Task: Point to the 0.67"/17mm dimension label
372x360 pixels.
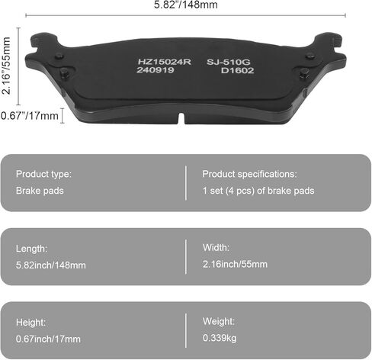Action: click(30, 115)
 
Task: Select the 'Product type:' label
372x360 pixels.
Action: click(43, 174)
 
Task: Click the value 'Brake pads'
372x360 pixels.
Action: click(39, 191)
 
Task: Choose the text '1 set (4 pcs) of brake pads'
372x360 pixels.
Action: click(258, 191)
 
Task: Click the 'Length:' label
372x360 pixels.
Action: click(31, 248)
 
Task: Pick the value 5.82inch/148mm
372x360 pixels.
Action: click(50, 265)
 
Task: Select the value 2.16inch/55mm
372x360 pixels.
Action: click(235, 264)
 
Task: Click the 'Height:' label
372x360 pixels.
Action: click(31, 322)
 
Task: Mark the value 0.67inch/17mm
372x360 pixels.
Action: click(48, 339)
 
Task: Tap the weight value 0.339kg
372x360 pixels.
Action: click(219, 338)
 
